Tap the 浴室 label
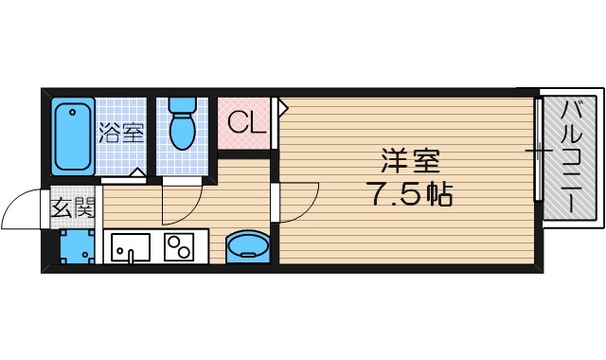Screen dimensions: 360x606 [x=121, y=133]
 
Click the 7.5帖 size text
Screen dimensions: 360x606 [x=408, y=196]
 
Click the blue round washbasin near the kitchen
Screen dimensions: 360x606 [x=249, y=246]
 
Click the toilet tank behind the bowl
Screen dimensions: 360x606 [x=180, y=103]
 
